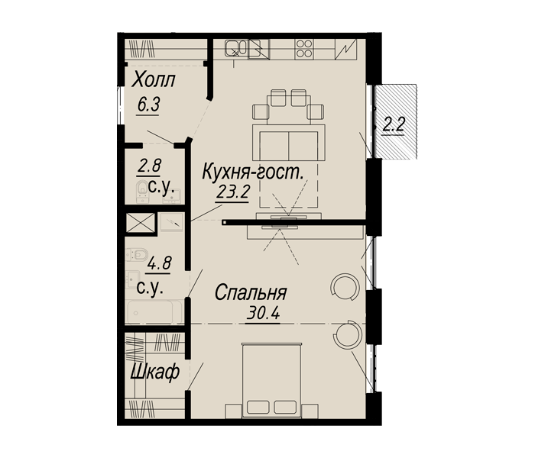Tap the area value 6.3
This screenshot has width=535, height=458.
click(x=149, y=105)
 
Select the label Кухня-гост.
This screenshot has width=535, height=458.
click(x=252, y=173)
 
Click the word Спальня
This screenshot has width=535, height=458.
click(x=250, y=292)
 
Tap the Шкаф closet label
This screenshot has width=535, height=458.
click(x=155, y=372)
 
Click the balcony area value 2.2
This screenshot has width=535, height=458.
click(x=394, y=124)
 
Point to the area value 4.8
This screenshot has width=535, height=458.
click(x=158, y=263)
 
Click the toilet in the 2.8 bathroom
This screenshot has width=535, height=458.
click(x=141, y=192)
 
